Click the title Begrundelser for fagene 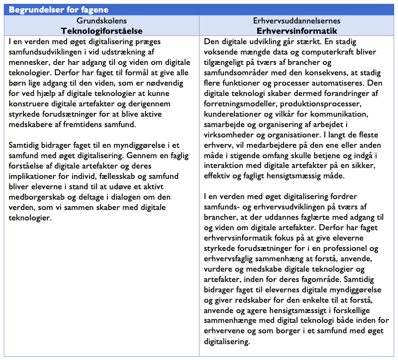(58, 10)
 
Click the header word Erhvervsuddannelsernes (297, 21)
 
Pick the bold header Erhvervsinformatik (297, 31)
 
